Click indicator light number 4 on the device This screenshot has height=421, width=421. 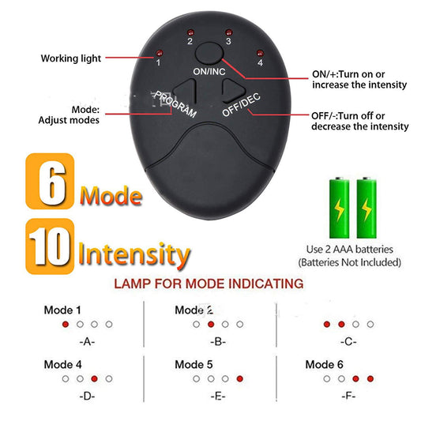pyautogui.click(x=259, y=53)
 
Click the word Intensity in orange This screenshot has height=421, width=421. pyautogui.click(x=134, y=254)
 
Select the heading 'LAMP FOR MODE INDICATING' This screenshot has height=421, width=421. pyautogui.click(x=208, y=283)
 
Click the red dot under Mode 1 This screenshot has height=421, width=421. pyautogui.click(x=66, y=325)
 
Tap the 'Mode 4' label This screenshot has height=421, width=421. pyautogui.click(x=62, y=365)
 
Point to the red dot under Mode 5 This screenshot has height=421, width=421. pyautogui.click(x=239, y=378)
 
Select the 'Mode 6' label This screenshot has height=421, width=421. pyautogui.click(x=325, y=365)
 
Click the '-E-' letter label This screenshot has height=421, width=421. pyautogui.click(x=219, y=397)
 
